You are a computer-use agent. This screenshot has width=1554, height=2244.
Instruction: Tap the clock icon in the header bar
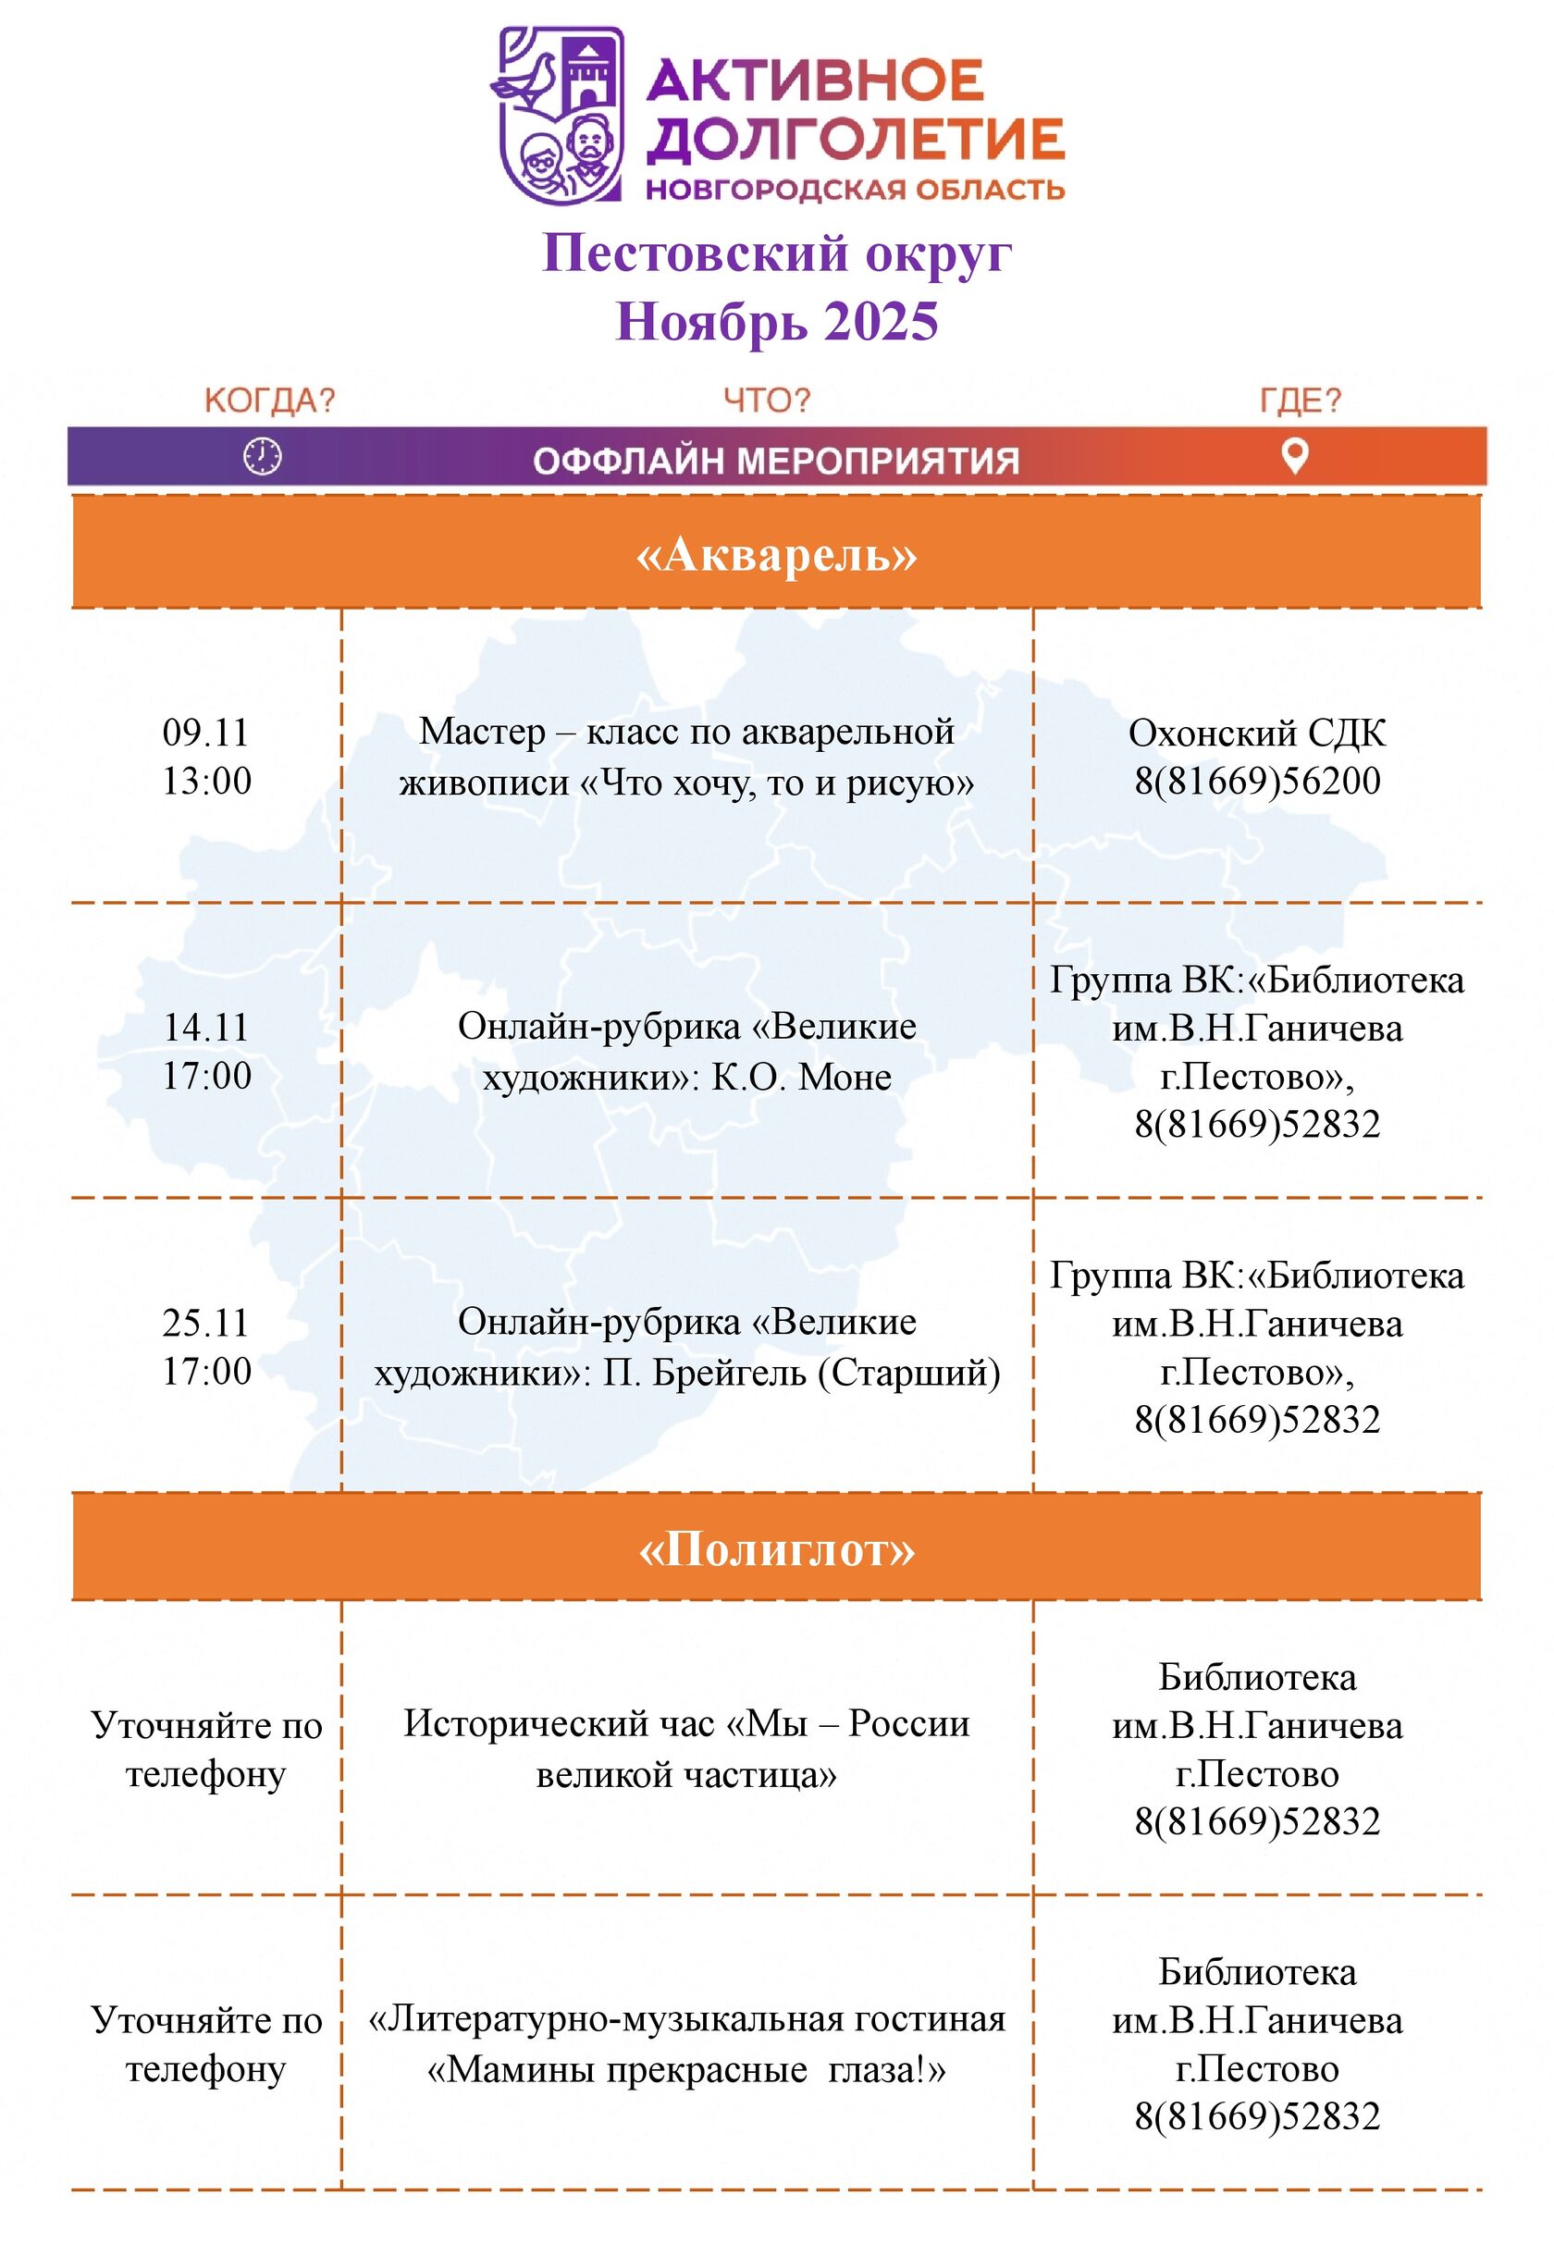tap(262, 456)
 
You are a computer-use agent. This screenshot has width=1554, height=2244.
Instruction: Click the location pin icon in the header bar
tap(1293, 456)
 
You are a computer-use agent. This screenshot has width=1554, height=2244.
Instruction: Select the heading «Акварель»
tap(776, 555)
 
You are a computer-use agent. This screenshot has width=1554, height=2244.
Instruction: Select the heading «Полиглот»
tap(776, 1549)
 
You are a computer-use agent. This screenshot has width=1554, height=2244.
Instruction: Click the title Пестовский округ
tap(776, 253)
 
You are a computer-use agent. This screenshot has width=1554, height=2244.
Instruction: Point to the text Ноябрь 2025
tap(776, 321)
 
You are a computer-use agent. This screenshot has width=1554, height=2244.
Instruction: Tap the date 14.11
tap(205, 1028)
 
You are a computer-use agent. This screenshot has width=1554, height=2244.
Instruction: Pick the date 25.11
tap(205, 1323)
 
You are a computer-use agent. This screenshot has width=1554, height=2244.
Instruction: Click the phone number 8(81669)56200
tap(1256, 782)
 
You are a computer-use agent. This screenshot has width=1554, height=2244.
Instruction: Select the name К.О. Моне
tap(800, 1078)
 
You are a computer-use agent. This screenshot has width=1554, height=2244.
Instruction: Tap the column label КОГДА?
tap(270, 401)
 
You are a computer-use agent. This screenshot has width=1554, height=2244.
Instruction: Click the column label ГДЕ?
tap(1300, 401)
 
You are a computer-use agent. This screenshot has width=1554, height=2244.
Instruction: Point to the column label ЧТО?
tap(766, 401)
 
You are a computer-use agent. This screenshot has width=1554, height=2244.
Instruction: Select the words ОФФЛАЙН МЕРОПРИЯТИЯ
tap(776, 461)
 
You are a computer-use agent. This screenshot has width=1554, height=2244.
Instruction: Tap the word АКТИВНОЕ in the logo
tap(815, 80)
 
